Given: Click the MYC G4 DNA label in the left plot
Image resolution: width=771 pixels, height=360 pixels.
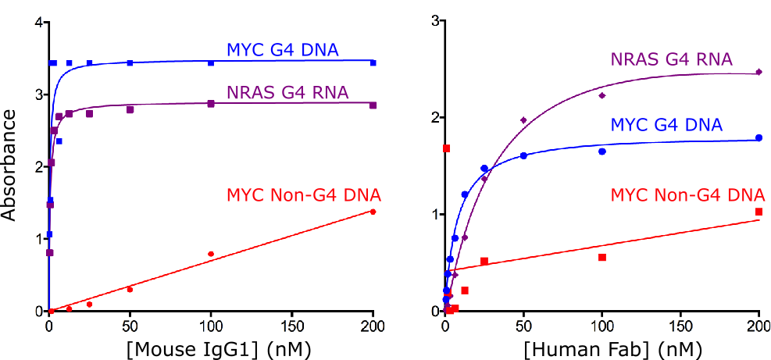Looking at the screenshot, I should tap(282, 51).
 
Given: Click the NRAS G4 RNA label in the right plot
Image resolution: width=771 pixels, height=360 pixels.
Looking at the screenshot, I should tap(671, 59).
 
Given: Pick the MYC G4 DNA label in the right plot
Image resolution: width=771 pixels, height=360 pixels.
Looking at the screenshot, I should tap(666, 125).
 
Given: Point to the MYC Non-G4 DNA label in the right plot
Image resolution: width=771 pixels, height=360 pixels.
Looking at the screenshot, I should tap(687, 194).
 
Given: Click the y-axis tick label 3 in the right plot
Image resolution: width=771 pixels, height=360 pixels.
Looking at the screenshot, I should tap(434, 20).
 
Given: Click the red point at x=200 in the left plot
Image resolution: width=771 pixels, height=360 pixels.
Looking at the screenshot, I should tap(373, 212).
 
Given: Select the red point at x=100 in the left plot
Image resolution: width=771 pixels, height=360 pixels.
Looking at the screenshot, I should tap(211, 254).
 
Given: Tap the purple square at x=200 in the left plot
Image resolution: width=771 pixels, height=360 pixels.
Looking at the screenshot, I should tap(373, 105).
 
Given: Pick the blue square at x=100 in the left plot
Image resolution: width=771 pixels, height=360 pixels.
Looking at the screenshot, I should tap(211, 62).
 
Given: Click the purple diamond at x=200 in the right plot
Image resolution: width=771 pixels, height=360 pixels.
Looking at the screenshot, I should tap(759, 73).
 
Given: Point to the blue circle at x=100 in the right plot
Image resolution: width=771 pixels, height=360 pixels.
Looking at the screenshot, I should tap(602, 151).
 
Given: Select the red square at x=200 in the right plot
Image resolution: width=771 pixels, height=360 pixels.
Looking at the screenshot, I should tap(759, 212).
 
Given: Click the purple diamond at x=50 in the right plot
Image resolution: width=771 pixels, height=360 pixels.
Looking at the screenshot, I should tap(523, 120).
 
